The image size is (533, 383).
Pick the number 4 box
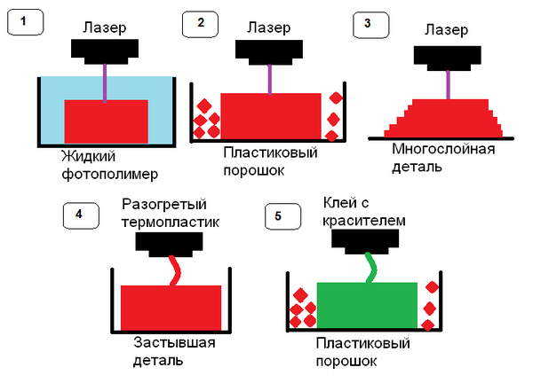80,215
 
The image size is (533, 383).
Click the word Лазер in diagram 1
105,28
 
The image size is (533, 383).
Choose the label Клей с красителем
364,212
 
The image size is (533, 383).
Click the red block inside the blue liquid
106,121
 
